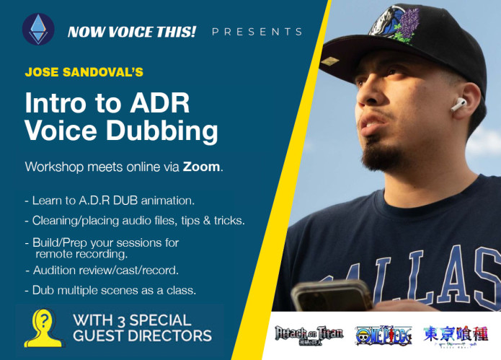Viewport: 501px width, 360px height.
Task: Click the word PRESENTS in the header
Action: (x=257, y=32)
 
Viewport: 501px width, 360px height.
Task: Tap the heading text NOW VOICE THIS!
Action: (x=131, y=32)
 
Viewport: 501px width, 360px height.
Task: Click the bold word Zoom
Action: (x=201, y=167)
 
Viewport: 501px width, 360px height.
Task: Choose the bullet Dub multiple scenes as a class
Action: (x=110, y=290)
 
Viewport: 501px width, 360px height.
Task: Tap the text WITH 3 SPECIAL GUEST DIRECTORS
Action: (x=142, y=328)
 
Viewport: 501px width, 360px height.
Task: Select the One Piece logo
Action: (x=383, y=335)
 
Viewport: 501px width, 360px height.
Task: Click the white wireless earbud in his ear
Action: (x=457, y=105)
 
